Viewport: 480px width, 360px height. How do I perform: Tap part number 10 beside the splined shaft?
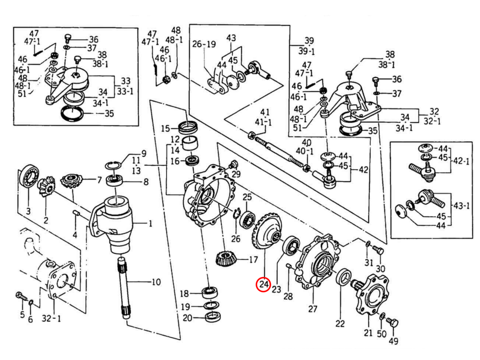pyautogui.click(x=156, y=282)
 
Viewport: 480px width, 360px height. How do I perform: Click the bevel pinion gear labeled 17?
pyautogui.click(x=225, y=259)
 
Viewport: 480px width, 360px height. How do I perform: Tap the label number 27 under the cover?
pyautogui.click(x=312, y=308)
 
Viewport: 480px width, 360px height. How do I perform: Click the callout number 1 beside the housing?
pyautogui.click(x=150, y=224)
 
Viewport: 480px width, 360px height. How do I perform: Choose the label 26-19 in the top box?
pyautogui.click(x=204, y=44)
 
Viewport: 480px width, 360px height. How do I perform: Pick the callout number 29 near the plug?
pyautogui.click(x=236, y=174)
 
